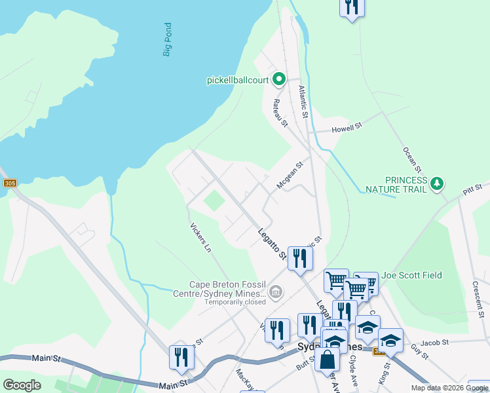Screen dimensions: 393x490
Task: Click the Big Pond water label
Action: pos(168,39)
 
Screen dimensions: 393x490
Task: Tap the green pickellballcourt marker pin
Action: pos(278,80)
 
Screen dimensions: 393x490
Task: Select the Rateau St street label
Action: pos(280,112)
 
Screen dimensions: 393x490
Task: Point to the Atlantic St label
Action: pos(303,102)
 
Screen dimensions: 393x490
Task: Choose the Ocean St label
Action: pos(410,160)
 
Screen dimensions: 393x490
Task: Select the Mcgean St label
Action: pos(290,176)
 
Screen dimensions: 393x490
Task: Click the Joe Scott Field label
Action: pos(411,276)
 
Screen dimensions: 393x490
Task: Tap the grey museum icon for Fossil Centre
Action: pos(276,291)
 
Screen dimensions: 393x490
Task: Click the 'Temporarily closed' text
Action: pos(235,302)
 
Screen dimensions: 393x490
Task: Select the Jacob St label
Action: pos(434,343)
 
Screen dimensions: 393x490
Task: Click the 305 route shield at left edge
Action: pos(9,183)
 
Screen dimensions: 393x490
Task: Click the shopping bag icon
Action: pos(327,360)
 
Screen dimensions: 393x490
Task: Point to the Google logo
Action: pos(22,385)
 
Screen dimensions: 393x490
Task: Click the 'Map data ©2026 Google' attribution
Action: pos(449,388)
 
